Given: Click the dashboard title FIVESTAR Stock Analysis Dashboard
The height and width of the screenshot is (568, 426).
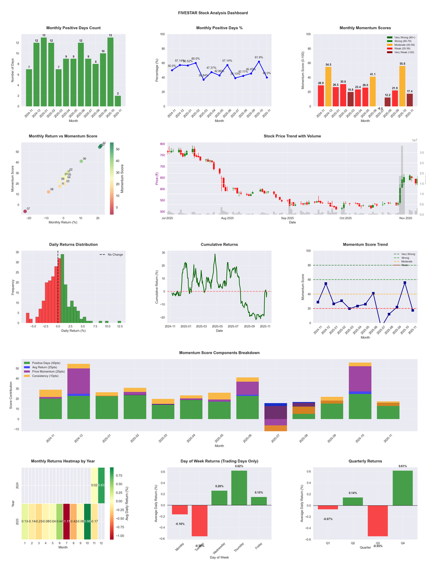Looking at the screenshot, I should pyautogui.click(x=213, y=12).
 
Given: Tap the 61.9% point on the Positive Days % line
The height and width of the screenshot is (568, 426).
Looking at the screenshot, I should pyautogui.click(x=259, y=61).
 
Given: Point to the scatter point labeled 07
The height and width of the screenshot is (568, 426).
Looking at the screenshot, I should pyautogui.click(x=24, y=212).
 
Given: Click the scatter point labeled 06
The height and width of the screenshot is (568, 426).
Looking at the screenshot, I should pyautogui.click(x=81, y=161).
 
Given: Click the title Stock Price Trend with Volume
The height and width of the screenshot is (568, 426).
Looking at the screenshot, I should pyautogui.click(x=292, y=136).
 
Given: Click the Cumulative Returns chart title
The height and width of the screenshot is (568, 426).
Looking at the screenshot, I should pyautogui.click(x=219, y=244).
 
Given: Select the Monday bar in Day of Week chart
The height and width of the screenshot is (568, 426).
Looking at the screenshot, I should pyautogui.click(x=180, y=509).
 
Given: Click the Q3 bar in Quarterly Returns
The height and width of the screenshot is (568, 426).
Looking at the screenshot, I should pyautogui.click(x=378, y=521).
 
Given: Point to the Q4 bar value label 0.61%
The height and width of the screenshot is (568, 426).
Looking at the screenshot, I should pyautogui.click(x=403, y=466).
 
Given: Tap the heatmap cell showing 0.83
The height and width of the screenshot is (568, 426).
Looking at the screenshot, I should pyautogui.click(x=101, y=485).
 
